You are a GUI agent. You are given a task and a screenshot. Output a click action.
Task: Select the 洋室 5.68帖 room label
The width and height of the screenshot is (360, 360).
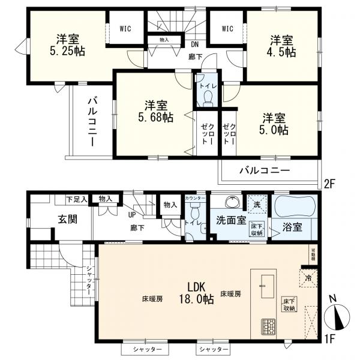coord(154,110)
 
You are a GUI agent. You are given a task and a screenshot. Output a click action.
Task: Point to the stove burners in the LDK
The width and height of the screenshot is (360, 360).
coord(267,328)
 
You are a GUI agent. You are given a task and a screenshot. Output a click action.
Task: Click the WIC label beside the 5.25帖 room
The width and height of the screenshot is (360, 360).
coord(125,28)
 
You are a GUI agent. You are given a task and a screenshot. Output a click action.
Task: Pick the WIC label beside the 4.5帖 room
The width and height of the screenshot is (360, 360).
coord(227,28)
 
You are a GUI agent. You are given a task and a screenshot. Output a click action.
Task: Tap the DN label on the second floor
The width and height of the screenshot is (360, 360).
coord(194,44)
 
